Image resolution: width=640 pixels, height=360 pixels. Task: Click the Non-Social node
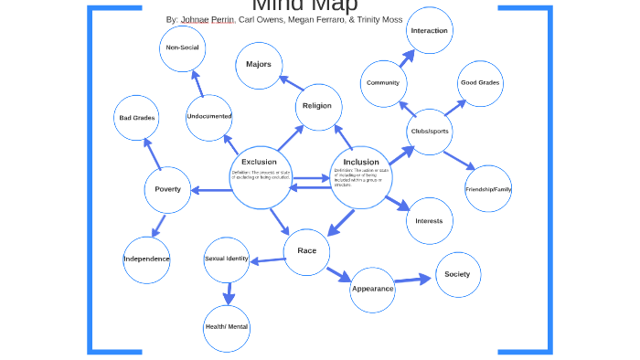(182, 48)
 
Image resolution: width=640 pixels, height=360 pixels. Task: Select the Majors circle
(259, 65)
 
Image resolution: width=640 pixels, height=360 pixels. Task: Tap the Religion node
(318, 106)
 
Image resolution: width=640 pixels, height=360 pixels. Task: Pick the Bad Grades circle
(137, 118)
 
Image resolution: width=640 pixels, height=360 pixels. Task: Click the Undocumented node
(209, 117)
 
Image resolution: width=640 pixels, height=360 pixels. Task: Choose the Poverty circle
(167, 190)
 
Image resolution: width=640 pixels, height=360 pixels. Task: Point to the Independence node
(146, 259)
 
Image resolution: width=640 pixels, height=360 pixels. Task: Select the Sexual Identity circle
(227, 259)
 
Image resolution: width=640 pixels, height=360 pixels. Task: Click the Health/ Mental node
(227, 327)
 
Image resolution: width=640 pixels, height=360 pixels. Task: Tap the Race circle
(306, 250)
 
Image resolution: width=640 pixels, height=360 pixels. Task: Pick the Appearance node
(373, 289)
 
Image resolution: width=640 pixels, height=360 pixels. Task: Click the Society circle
(457, 275)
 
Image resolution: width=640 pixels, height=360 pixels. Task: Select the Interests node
(429, 221)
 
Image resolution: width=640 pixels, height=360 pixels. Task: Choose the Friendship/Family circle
(488, 189)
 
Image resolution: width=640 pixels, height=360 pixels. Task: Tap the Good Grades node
(480, 83)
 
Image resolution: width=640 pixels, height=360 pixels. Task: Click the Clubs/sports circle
(429, 132)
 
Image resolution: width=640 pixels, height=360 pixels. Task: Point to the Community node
(383, 83)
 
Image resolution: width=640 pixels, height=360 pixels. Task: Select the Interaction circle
(429, 31)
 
